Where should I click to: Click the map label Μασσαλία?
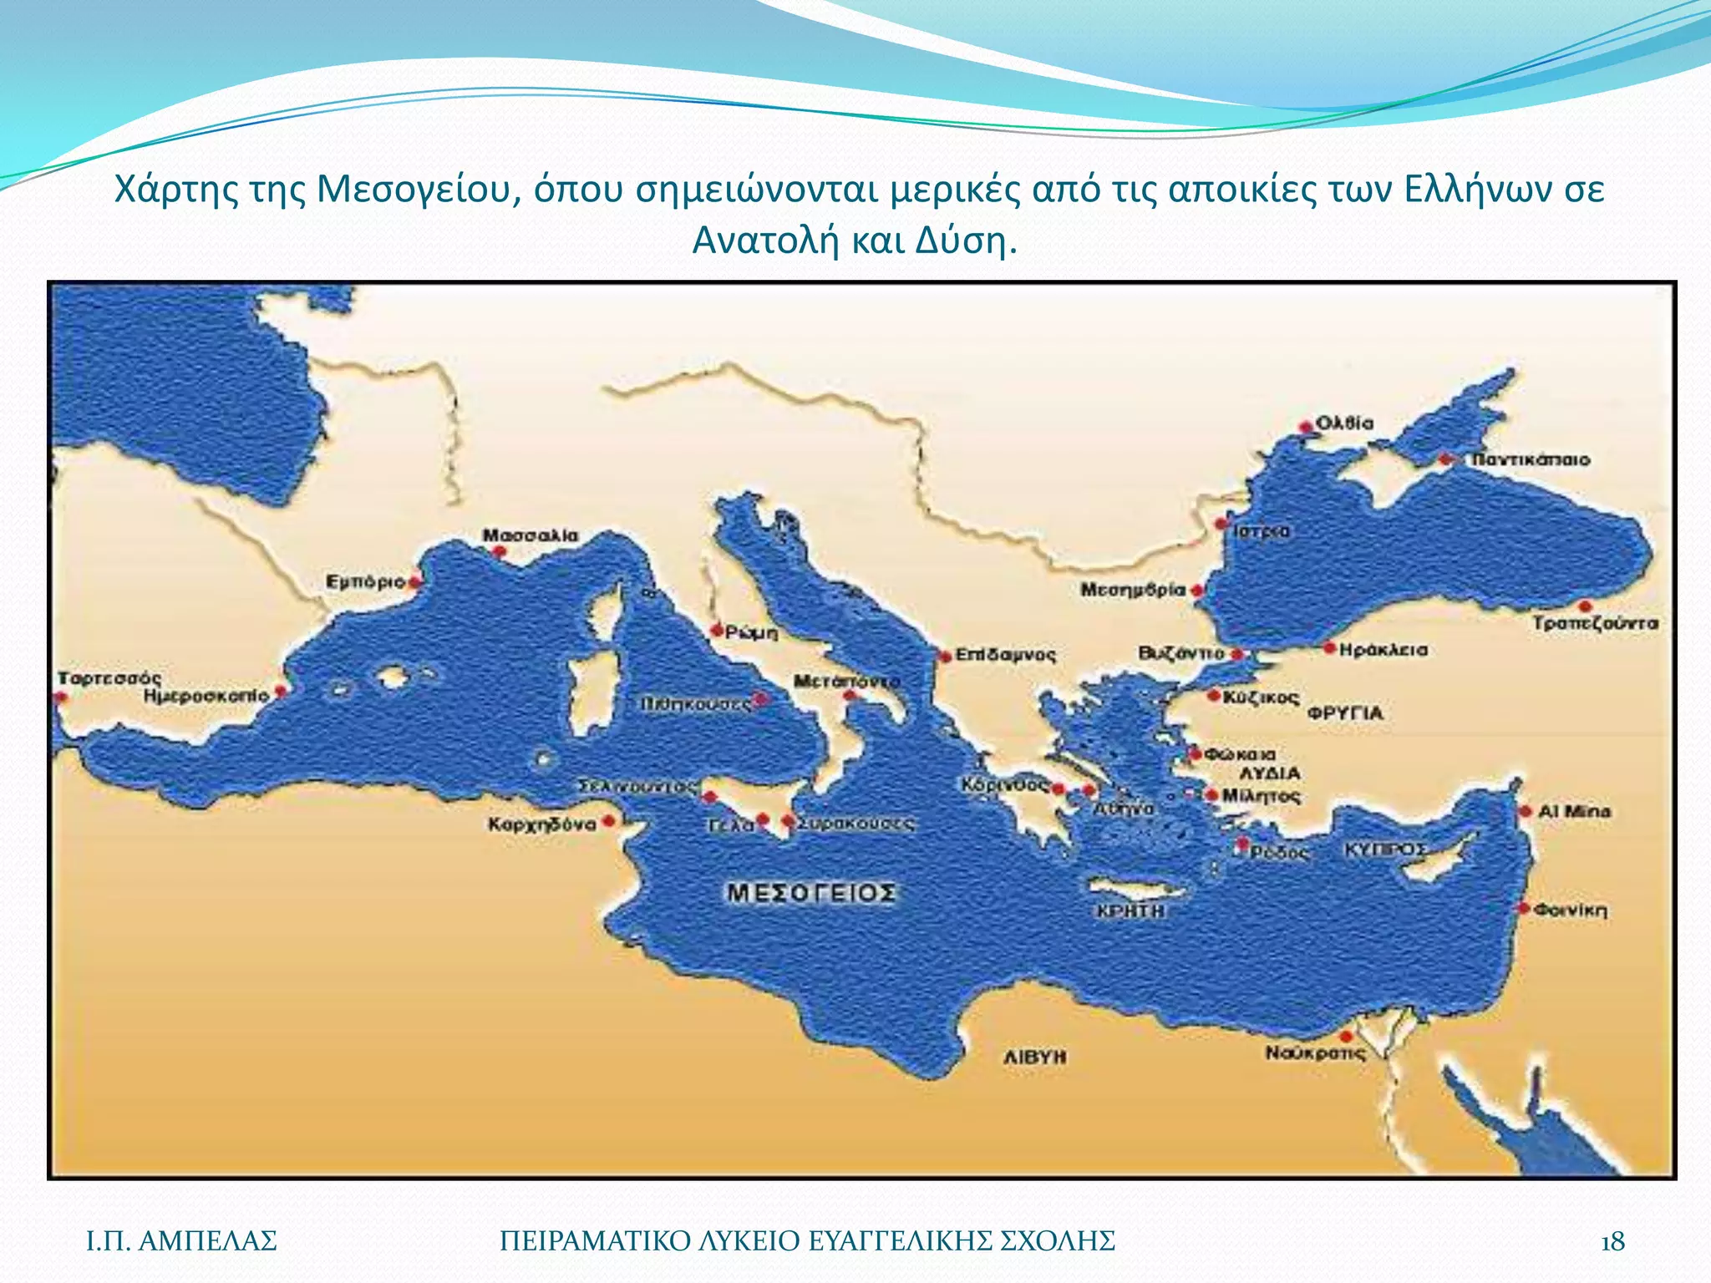[x=531, y=535]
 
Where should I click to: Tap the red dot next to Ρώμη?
[x=716, y=630]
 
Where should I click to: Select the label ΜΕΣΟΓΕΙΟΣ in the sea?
[x=811, y=893]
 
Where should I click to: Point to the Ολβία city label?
[x=1344, y=423]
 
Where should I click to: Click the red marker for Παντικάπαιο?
[x=1445, y=459]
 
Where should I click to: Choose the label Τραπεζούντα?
[x=1595, y=623]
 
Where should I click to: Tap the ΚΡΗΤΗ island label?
[x=1130, y=910]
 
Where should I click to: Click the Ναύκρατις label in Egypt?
[x=1314, y=1053]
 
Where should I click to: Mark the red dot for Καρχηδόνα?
[x=610, y=821]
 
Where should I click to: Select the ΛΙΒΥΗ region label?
[x=1034, y=1057]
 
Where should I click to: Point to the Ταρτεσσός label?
[x=109, y=677]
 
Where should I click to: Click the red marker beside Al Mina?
[x=1525, y=811]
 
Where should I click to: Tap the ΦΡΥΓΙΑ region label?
[x=1345, y=712]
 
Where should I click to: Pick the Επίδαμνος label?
[x=1005, y=654]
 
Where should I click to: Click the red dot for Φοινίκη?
[x=1524, y=908]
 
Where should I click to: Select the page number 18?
[x=1612, y=1242]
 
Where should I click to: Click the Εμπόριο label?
[x=365, y=581]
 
